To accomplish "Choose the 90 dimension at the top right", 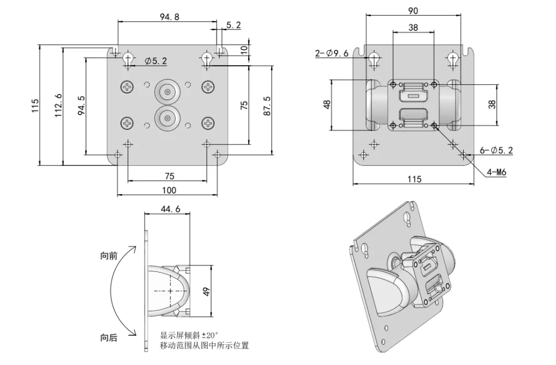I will pyautogui.click(x=413, y=11).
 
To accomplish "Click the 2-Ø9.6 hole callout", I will pyautogui.click(x=331, y=53).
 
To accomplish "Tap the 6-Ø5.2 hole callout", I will pyautogui.click(x=496, y=151).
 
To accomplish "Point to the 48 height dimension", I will pyautogui.click(x=326, y=104).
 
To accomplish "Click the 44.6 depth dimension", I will pyautogui.click(x=170, y=209).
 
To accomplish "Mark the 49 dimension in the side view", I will pyautogui.click(x=206, y=291).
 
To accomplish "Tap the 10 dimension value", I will pyautogui.click(x=244, y=48).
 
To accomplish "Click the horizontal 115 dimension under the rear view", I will pyautogui.click(x=414, y=179).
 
